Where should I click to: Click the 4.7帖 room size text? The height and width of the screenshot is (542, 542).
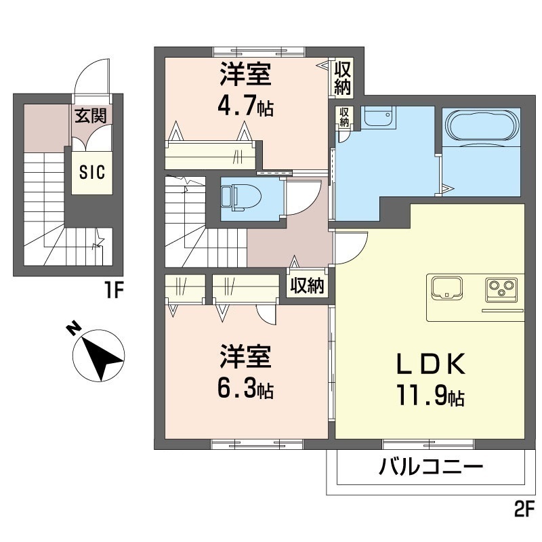245,107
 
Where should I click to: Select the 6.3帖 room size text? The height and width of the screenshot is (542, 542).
245,390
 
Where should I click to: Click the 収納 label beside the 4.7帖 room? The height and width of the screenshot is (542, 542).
342,77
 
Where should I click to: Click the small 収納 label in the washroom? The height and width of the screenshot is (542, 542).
345,117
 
